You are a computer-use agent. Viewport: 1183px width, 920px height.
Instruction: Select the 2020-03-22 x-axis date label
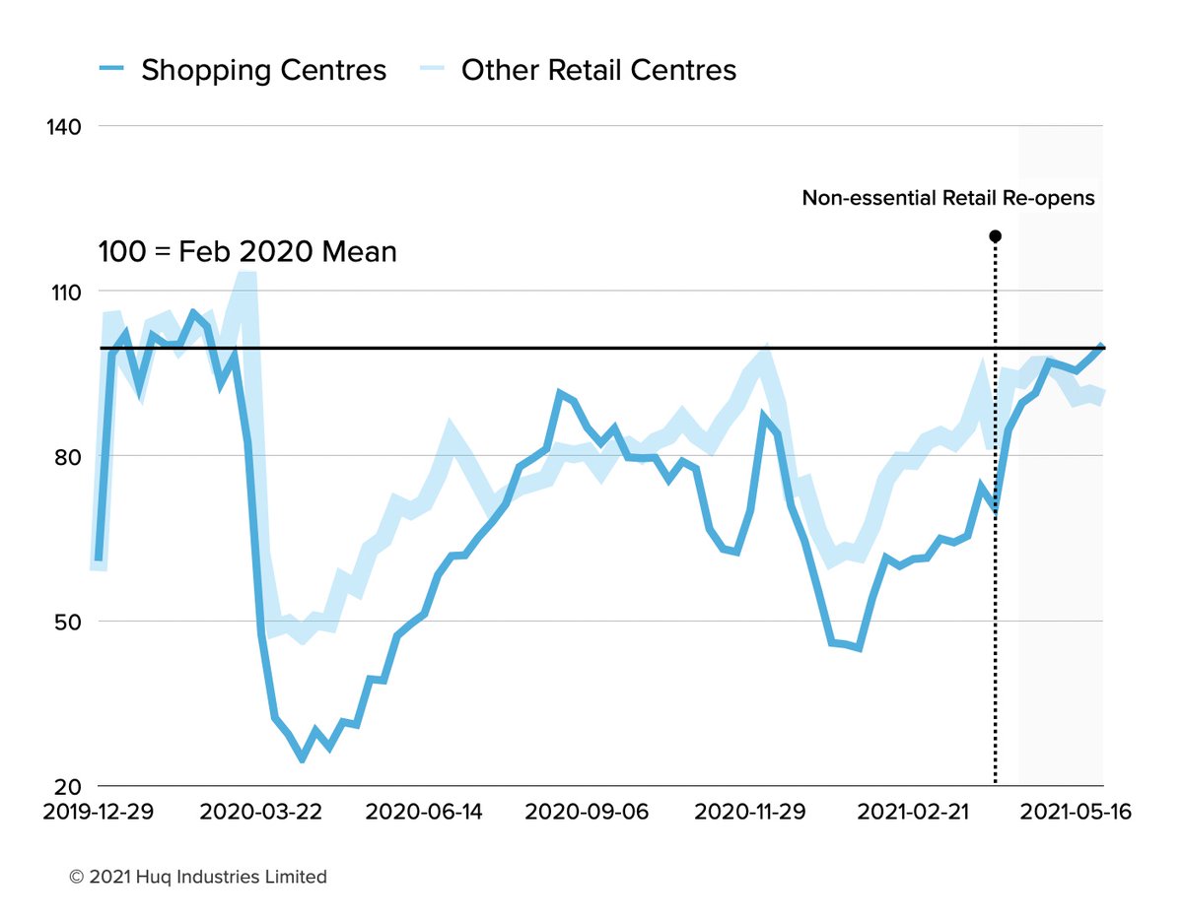tap(258, 813)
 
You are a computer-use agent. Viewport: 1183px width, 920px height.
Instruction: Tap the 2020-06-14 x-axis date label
tap(425, 813)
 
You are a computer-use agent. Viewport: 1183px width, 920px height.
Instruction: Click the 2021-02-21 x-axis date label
tap(914, 813)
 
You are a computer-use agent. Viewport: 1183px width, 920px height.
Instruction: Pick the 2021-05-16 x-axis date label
tap(1075, 813)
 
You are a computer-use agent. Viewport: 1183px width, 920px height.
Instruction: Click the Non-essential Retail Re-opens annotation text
tap(948, 198)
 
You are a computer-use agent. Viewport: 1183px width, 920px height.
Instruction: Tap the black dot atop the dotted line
tap(995, 236)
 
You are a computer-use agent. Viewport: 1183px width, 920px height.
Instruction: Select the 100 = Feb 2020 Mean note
tap(247, 252)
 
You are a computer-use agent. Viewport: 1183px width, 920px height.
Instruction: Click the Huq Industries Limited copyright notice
tap(198, 877)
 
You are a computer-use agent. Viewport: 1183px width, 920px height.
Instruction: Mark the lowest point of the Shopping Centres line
tap(302, 759)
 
